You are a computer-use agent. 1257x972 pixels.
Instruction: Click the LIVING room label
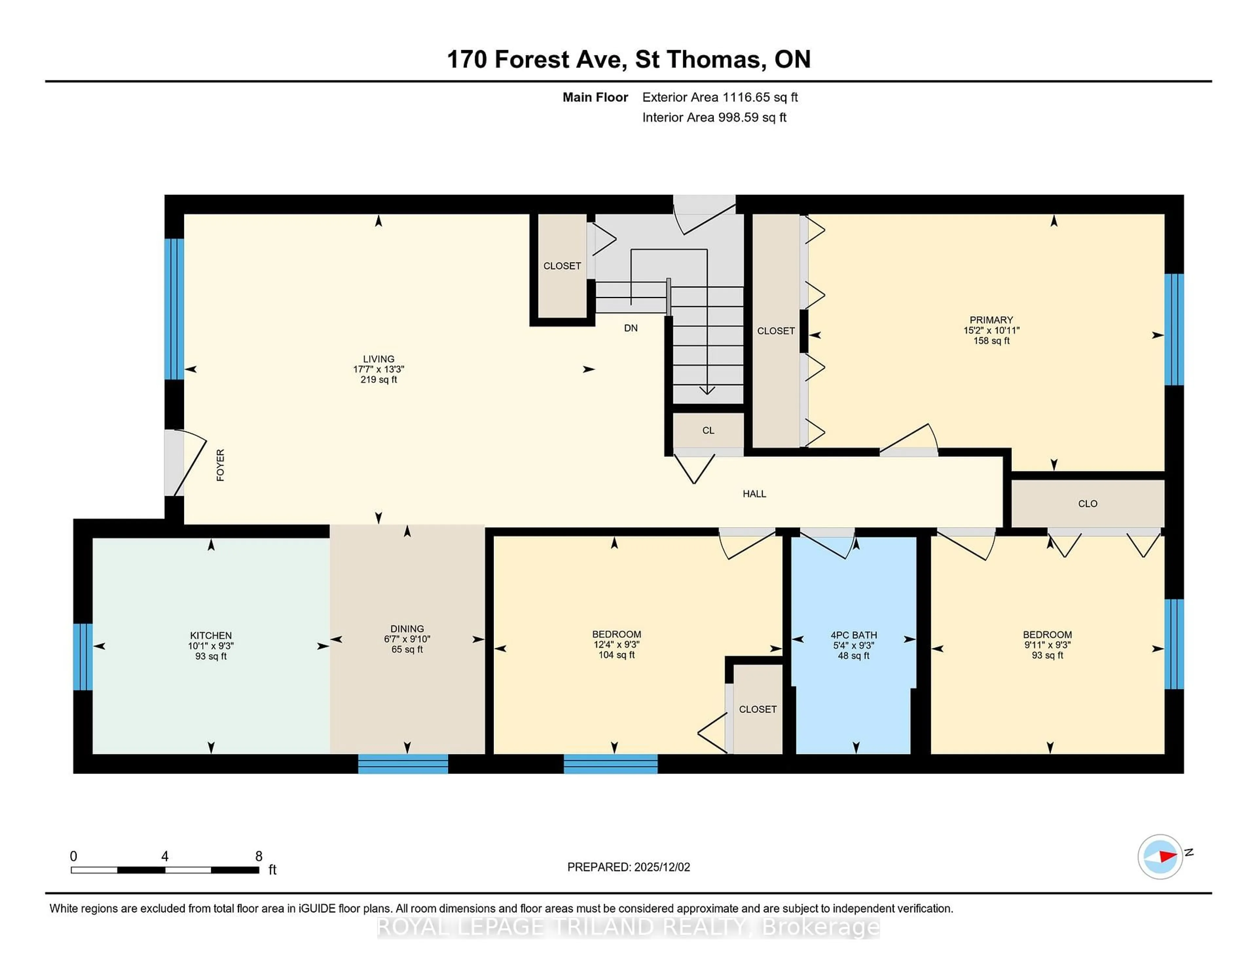(x=378, y=359)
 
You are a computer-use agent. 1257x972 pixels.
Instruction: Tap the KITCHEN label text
(x=211, y=636)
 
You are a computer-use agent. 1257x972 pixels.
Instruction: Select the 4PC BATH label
(x=853, y=635)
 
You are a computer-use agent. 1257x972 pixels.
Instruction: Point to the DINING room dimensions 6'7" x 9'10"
(x=407, y=639)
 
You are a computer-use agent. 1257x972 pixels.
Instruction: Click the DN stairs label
(x=631, y=328)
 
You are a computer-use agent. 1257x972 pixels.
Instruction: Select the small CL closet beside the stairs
(x=708, y=431)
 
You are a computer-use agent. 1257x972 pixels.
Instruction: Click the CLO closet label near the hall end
(x=1087, y=504)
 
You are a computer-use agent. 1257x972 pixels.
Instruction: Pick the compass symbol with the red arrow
(x=1160, y=856)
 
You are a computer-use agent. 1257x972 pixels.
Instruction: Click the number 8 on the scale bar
(x=259, y=856)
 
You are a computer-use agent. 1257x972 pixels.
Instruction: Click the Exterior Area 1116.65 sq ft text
(x=720, y=97)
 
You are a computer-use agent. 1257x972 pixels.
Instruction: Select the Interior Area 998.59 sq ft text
(x=714, y=118)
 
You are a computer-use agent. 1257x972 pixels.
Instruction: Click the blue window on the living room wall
(x=174, y=309)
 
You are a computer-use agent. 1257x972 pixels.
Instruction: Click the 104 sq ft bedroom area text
(x=616, y=655)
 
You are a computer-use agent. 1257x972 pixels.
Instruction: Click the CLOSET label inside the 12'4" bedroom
(x=757, y=709)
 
